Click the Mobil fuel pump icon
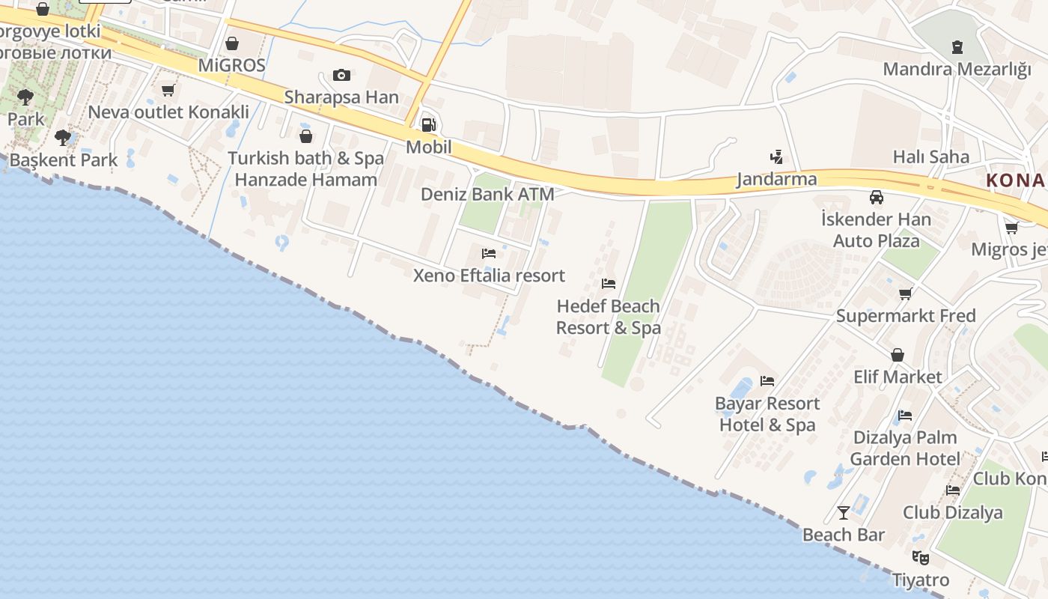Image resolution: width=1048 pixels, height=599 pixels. [428, 125]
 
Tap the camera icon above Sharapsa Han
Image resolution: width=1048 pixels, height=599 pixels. [341, 75]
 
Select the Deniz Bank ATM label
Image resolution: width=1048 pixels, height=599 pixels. [487, 194]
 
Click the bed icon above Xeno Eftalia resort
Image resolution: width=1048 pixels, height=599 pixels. [489, 254]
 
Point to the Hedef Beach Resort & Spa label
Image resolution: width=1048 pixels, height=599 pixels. [608, 317]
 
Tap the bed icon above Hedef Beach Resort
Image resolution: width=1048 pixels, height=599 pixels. [609, 284]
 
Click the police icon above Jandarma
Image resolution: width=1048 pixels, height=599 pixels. [776, 157]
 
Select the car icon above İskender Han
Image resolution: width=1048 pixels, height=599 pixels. [876, 198]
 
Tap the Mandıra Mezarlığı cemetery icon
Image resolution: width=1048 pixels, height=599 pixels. [957, 47]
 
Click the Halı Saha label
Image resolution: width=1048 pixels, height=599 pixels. [930, 156]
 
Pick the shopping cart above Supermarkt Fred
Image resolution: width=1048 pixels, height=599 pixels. [906, 294]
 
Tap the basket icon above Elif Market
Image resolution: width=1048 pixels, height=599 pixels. [897, 355]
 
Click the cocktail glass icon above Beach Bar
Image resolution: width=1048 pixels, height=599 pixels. [844, 513]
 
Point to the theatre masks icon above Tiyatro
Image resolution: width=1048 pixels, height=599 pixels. [921, 558]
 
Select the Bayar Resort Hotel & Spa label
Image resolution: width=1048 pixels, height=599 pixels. [767, 414]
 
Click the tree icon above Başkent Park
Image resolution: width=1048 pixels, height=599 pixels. [63, 138]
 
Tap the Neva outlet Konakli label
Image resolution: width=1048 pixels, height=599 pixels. [168, 112]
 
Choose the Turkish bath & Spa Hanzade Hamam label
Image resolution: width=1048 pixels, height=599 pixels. [305, 169]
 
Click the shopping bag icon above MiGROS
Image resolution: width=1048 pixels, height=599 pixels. [232, 43]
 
